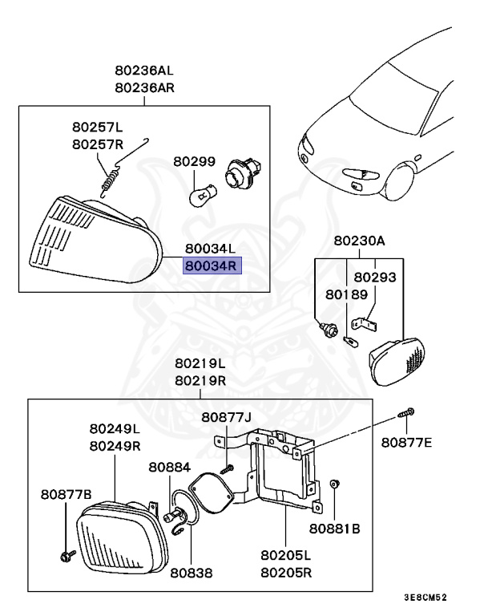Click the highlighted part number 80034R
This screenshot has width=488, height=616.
[212, 265]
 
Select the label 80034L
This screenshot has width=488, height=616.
[212, 249]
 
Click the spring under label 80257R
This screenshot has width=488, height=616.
[113, 176]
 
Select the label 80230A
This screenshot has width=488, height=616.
[360, 240]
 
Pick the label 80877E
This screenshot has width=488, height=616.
[406, 442]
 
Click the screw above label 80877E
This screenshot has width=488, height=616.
[405, 414]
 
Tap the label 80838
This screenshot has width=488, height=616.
[191, 574]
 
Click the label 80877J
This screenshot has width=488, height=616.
[226, 417]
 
